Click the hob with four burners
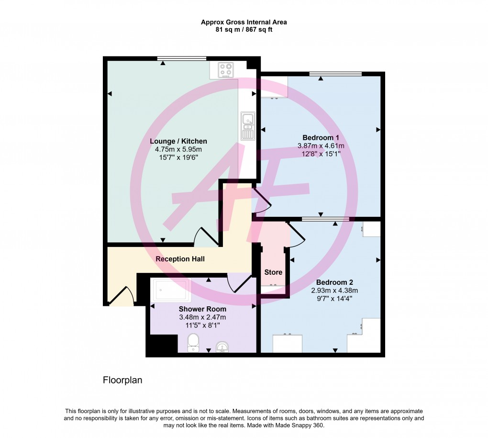(225, 70)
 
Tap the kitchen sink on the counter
(248, 126)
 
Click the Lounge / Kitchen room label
(178, 141)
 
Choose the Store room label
(273, 272)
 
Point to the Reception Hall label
(180, 259)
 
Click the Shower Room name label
(202, 309)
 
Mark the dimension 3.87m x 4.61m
(321, 146)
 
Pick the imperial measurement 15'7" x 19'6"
(178, 157)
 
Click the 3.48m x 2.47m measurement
(202, 317)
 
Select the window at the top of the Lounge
(182, 58)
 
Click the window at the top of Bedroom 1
(335, 74)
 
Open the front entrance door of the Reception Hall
(120, 296)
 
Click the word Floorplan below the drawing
(122, 381)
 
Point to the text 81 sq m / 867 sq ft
(244, 30)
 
